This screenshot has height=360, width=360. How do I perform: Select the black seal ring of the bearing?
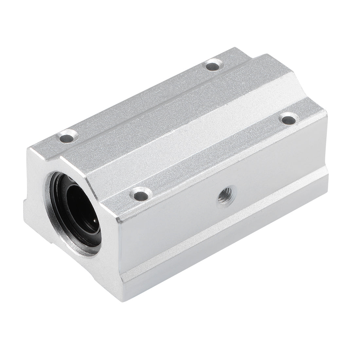coord(64,209)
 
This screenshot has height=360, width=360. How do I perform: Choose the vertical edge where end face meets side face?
coord(118,249)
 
